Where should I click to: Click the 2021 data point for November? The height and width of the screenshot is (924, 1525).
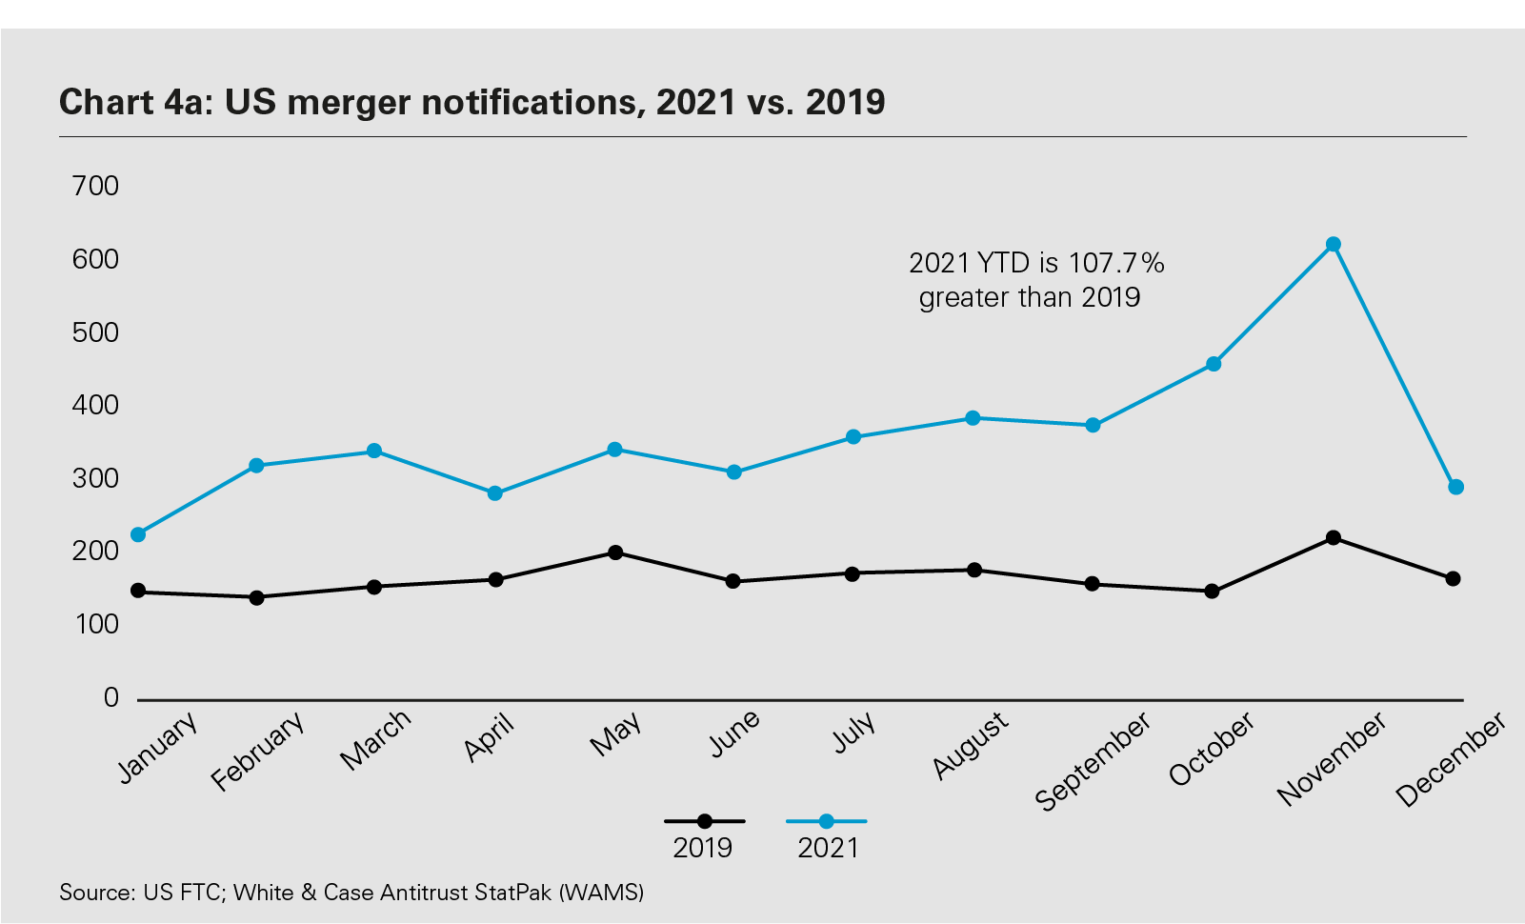tap(1334, 245)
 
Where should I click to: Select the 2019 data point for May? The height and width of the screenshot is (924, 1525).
tap(615, 552)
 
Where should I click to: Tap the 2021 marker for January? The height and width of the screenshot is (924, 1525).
tap(138, 534)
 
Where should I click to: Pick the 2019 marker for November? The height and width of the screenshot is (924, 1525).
tap(1334, 538)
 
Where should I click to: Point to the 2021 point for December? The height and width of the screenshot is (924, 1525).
tap(1455, 488)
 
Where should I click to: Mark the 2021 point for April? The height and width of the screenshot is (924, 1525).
tap(495, 493)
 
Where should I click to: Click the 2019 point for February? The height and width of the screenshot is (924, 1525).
tap(256, 597)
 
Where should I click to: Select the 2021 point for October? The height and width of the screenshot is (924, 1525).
tap(1214, 364)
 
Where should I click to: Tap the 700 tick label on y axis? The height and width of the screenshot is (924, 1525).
tap(96, 186)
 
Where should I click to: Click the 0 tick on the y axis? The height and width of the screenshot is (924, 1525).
tap(111, 698)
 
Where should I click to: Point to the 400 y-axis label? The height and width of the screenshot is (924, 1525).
tap(96, 406)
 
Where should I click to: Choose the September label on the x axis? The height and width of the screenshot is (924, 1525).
tap(1093, 762)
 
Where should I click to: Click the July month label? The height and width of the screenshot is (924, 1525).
tap(854, 733)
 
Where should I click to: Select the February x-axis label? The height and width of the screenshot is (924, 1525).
tap(258, 751)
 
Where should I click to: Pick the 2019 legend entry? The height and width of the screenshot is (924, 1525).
tap(704, 834)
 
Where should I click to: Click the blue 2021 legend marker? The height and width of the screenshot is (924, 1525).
tap(827, 821)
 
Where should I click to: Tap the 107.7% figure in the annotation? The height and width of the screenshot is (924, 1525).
tap(1116, 263)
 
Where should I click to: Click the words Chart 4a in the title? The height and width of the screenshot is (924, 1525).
tap(133, 102)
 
